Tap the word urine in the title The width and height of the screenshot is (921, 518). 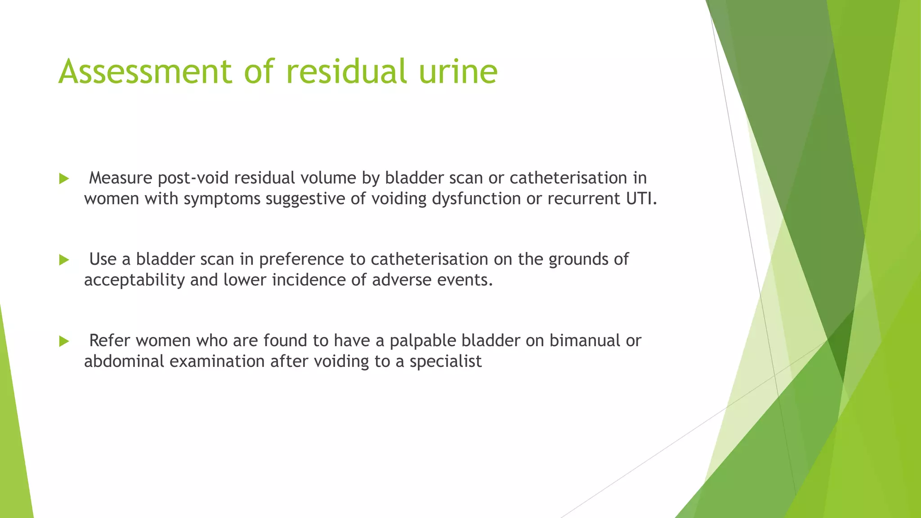point(458,72)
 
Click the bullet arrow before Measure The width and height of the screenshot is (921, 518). point(64,179)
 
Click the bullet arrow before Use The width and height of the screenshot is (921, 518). point(64,260)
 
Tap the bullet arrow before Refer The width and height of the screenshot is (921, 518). point(64,341)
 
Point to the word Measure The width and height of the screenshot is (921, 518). point(121,178)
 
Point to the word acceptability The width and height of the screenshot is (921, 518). point(134,280)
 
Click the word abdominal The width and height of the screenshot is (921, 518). point(124,361)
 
